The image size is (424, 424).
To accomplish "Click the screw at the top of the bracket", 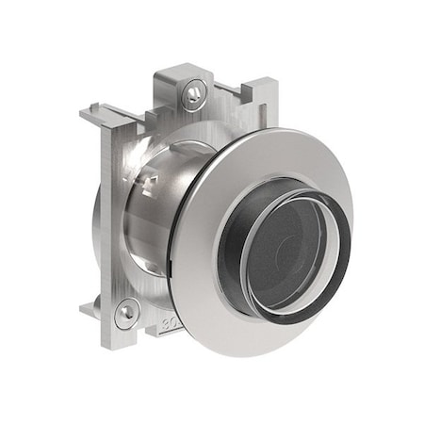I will (x=194, y=90).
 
